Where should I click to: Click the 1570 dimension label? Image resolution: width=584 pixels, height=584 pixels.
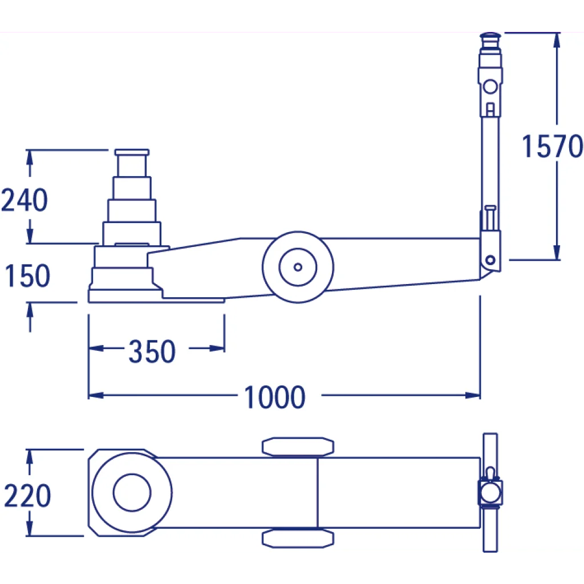(552, 146)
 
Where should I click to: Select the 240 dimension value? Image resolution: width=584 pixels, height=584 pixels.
(25, 200)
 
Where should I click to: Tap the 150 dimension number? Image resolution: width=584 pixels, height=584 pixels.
(27, 275)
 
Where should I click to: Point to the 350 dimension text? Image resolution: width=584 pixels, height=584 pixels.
(152, 351)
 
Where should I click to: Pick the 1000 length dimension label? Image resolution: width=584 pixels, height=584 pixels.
(275, 397)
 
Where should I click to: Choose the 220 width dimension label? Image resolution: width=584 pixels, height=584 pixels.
(27, 496)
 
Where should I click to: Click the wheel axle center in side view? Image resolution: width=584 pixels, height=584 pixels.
(298, 267)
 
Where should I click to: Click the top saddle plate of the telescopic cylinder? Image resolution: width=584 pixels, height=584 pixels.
(132, 152)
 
